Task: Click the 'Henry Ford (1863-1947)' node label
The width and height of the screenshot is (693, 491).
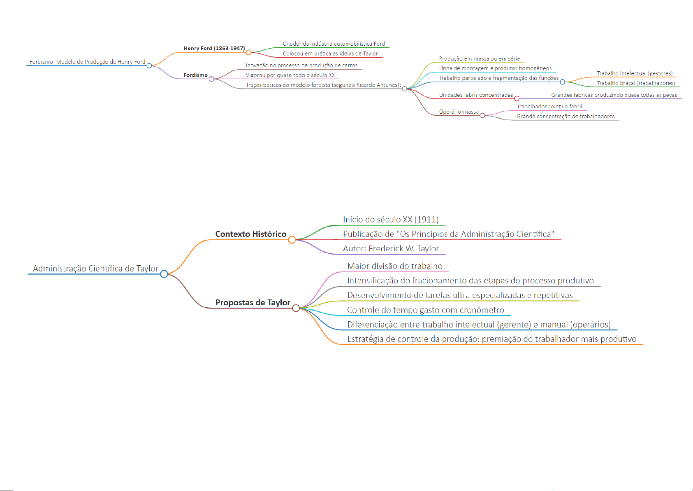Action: [x=214, y=48]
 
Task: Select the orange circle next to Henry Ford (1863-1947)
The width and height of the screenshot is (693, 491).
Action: [x=248, y=52]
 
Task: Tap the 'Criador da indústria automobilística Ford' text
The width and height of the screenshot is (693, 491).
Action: [x=334, y=44]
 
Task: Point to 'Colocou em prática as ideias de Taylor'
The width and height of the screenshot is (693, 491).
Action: [x=330, y=54]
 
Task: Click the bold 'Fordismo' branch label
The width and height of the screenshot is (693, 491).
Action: [x=195, y=75]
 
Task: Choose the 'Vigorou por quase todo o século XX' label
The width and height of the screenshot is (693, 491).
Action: [x=290, y=75]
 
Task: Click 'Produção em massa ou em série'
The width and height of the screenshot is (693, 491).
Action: [x=479, y=58]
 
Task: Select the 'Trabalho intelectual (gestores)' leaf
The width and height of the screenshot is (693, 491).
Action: [x=635, y=73]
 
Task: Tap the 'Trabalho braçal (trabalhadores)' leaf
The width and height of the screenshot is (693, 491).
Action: [x=636, y=83]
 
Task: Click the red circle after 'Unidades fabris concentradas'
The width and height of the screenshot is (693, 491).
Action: [x=517, y=98]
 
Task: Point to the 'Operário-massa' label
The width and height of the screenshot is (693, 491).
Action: [x=459, y=112]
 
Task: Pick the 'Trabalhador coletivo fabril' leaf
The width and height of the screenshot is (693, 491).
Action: [x=549, y=106]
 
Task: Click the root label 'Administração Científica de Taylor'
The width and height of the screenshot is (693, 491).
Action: [x=95, y=269]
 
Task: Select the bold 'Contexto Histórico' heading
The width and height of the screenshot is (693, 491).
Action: [x=250, y=234]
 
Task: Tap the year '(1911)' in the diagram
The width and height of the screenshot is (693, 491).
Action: [x=426, y=220]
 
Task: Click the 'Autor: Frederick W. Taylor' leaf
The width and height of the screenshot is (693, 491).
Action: [x=391, y=248]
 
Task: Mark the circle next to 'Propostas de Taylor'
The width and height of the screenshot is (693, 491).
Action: [x=296, y=308]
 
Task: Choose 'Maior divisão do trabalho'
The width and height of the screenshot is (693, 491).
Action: [x=394, y=266]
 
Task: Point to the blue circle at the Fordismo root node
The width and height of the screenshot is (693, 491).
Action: [x=149, y=65]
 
